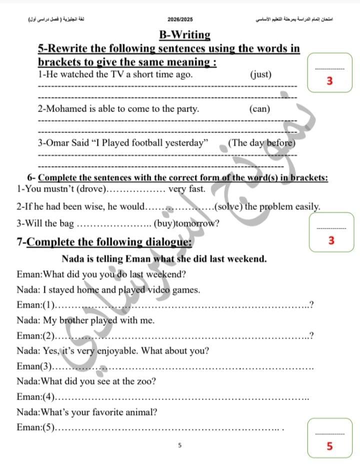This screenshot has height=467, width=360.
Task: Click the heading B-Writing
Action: click(x=184, y=35)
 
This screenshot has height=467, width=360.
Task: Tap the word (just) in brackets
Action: click(x=260, y=74)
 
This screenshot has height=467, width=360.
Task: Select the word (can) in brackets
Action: click(x=259, y=108)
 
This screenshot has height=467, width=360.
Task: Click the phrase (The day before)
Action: click(x=261, y=142)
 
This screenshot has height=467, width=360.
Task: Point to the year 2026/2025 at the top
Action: click(x=180, y=19)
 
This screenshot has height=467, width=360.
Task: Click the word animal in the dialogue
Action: click(x=141, y=412)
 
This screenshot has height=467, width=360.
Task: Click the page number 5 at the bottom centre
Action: click(x=180, y=444)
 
